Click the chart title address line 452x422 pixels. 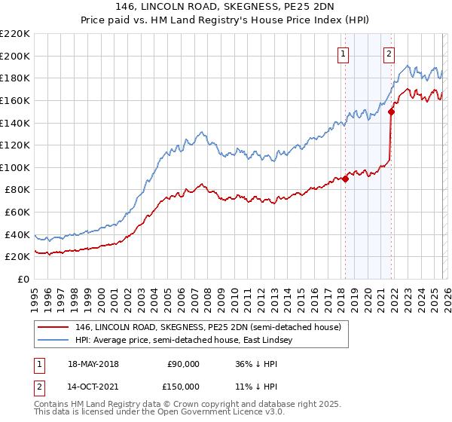pyautogui.click(x=226, y=7)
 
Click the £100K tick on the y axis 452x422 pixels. pyautogui.click(x=15, y=167)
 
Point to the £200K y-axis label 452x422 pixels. pyautogui.click(x=15, y=56)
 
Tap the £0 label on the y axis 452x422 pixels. pyautogui.click(x=23, y=279)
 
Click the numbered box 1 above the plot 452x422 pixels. pyautogui.click(x=344, y=54)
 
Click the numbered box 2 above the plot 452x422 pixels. pyautogui.click(x=389, y=54)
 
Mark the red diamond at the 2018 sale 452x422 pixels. pyautogui.click(x=345, y=179)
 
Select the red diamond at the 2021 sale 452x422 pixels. pyautogui.click(x=391, y=112)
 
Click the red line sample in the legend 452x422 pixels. pyautogui.click(x=54, y=327)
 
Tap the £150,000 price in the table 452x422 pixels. pyautogui.click(x=184, y=387)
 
